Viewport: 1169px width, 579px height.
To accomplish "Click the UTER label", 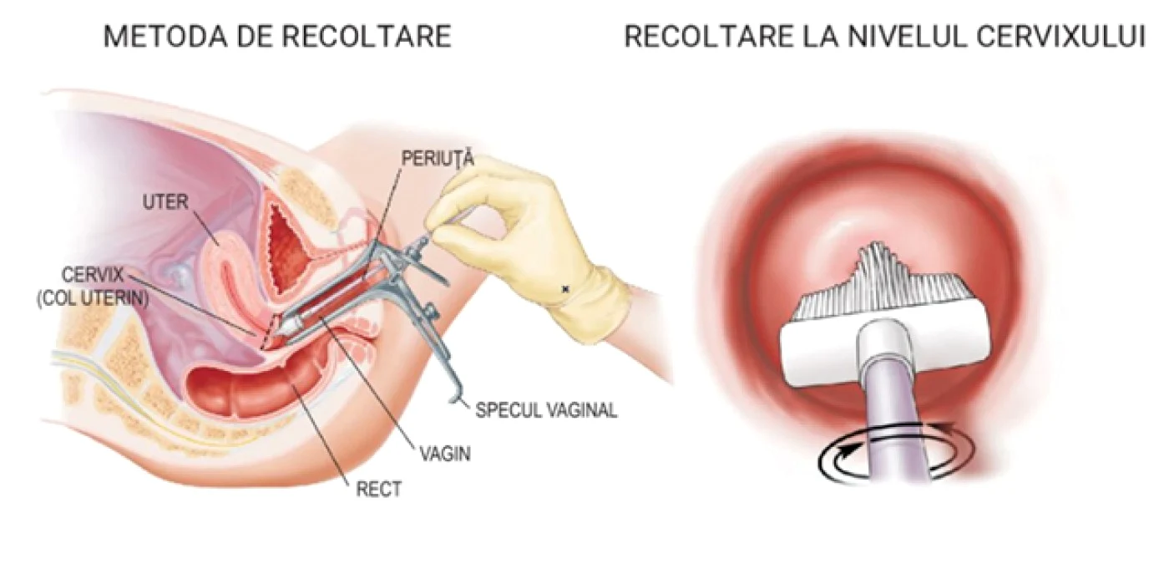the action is pos(165,201).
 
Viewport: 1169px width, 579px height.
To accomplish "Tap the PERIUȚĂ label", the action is pos(438,158).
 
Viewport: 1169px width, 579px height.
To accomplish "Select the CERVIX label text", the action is pos(93,275).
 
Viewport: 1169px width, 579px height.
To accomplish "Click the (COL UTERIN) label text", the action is pos(93,299).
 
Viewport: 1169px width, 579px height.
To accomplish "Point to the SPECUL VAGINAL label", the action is pos(546,410).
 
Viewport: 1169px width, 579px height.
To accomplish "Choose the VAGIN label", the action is pos(446,454).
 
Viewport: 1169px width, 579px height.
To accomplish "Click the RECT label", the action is pos(378,490).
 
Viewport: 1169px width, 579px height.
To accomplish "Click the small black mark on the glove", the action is pos(564,287).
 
